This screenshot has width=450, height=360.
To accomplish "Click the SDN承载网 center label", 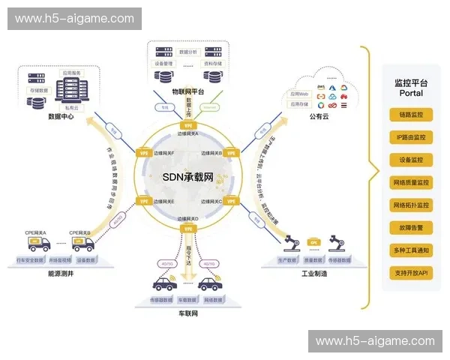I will click(x=187, y=177).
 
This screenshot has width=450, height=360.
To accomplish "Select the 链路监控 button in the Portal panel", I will click(x=411, y=115).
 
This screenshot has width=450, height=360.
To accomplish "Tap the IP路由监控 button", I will click(x=411, y=137).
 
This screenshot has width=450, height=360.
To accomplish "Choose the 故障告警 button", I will click(x=411, y=227).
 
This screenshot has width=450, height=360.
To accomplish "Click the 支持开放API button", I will click(x=411, y=273).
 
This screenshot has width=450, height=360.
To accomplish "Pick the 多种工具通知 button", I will click(x=411, y=250).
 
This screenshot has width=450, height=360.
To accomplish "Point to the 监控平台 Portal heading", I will click(x=411, y=88).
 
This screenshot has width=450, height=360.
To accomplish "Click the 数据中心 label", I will click(x=64, y=116).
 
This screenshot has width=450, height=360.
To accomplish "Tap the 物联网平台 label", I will click(x=187, y=91).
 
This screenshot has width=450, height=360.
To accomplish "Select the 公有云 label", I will click(x=319, y=116).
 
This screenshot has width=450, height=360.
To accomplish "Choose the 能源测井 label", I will click(x=62, y=274).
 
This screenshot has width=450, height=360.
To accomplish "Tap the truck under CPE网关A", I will click(x=34, y=244).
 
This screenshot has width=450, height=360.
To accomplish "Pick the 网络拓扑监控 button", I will click(x=411, y=205).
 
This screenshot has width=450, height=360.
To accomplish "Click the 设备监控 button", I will click(x=411, y=160).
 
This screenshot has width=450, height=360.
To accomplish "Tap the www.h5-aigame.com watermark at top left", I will click(x=74, y=19).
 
